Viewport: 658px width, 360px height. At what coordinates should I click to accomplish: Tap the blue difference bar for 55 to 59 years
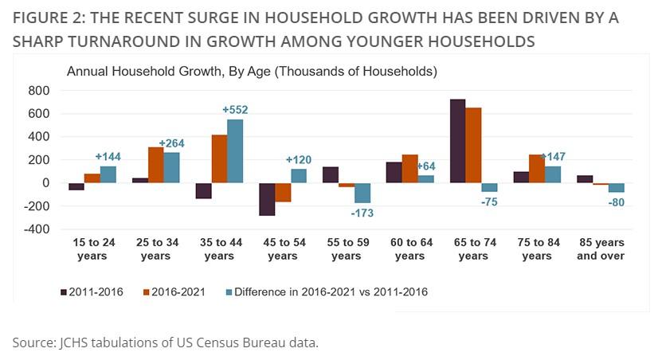[362, 193]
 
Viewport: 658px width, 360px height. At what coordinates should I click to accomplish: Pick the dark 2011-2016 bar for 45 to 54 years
[267, 199]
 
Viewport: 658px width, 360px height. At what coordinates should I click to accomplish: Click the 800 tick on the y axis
[39, 91]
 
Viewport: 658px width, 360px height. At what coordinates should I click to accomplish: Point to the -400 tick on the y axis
[36, 229]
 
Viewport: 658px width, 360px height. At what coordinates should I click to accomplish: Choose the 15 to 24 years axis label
[92, 248]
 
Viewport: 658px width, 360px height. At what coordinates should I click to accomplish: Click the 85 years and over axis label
[601, 248]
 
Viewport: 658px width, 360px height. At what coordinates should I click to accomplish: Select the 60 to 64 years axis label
[409, 248]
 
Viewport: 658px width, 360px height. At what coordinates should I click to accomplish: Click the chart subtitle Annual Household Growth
[252, 72]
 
